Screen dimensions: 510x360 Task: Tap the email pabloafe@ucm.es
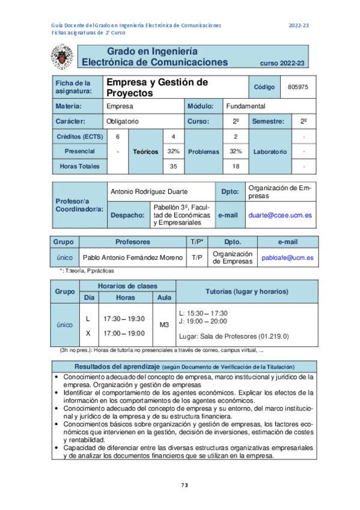(287, 257)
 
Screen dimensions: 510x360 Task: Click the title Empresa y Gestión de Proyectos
(156, 88)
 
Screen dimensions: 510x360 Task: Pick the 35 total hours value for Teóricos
(173, 166)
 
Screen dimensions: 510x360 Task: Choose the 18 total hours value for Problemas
(236, 166)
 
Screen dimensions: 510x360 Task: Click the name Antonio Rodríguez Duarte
(146, 191)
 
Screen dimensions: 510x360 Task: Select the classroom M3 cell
(163, 324)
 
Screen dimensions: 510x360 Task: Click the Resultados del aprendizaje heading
(116, 366)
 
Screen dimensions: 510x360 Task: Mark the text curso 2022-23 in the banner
(282, 63)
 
